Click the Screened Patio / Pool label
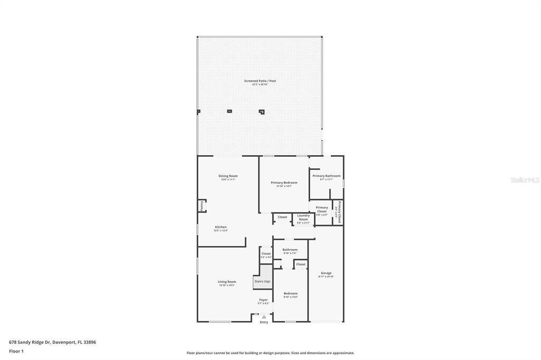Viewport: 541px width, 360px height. pyautogui.click(x=259, y=81)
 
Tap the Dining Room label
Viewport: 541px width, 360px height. pyautogui.click(x=228, y=176)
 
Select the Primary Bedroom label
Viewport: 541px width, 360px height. pyautogui.click(x=284, y=183)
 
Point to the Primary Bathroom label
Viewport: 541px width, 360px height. pyautogui.click(x=326, y=176)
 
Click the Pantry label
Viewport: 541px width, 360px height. pyautogui.click(x=201, y=206)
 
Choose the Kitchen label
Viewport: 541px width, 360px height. pyautogui.click(x=220, y=227)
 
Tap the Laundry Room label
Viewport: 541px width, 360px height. pyautogui.click(x=303, y=217)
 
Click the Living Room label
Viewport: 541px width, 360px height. pyautogui.click(x=227, y=282)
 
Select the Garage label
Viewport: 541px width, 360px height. pyautogui.click(x=326, y=273)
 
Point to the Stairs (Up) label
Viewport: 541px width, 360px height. pyautogui.click(x=262, y=281)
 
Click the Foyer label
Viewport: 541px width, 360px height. pyautogui.click(x=263, y=300)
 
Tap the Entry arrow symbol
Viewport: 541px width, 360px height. pyautogui.click(x=264, y=317)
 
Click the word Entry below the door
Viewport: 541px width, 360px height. pyautogui.click(x=264, y=322)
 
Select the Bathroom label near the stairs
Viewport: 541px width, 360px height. pyautogui.click(x=290, y=250)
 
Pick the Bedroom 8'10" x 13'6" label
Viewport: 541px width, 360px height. pyautogui.click(x=291, y=293)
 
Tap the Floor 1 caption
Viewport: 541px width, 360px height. pyautogui.click(x=16, y=351)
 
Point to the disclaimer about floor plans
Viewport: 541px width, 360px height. pyautogui.click(x=270, y=353)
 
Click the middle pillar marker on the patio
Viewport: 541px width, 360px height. pyautogui.click(x=229, y=111)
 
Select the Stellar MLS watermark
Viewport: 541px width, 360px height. pyautogui.click(x=525, y=180)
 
